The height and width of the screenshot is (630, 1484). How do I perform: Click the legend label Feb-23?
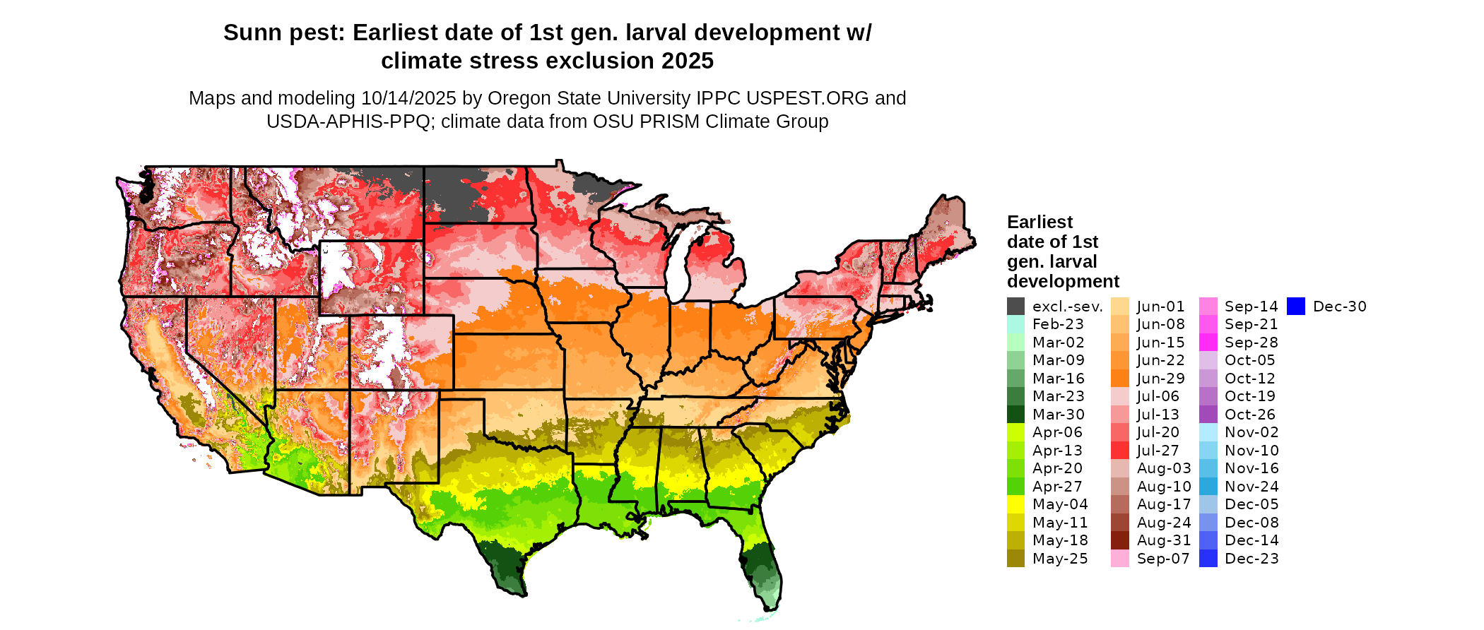(x=1058, y=324)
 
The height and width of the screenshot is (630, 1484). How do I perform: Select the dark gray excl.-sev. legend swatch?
(x=1015, y=307)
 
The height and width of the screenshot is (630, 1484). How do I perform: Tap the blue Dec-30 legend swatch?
(x=1296, y=307)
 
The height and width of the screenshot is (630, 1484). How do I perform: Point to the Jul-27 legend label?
(x=1158, y=451)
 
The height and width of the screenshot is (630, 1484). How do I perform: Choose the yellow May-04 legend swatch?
(x=1015, y=504)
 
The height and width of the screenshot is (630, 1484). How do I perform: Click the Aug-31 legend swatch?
(x=1120, y=540)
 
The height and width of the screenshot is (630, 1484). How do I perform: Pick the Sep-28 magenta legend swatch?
(x=1208, y=343)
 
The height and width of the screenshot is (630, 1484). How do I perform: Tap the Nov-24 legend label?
(x=1252, y=487)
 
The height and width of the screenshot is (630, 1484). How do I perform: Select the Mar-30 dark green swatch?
(x=1015, y=415)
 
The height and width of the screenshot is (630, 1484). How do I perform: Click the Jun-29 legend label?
(x=1160, y=379)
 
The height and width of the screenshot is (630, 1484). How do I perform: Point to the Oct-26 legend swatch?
(x=1208, y=415)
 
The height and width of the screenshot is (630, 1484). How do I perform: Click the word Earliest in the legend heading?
(x=1040, y=222)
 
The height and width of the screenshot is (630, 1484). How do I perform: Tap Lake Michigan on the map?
(x=677, y=268)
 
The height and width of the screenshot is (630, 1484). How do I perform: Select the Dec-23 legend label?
(x=1252, y=559)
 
